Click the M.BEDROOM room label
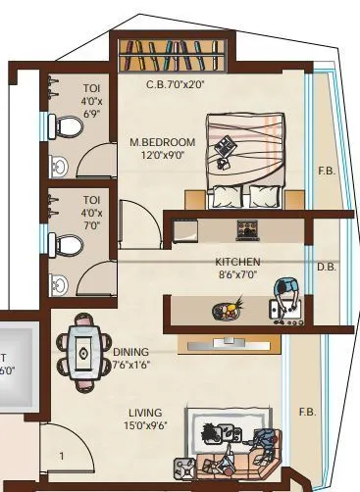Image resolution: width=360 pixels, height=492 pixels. point(163,142)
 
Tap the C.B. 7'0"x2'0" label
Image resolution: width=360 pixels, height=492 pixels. point(176,84)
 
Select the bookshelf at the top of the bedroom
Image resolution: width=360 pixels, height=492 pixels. point(176,53)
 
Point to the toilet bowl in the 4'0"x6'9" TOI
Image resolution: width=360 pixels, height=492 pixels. point(70,126)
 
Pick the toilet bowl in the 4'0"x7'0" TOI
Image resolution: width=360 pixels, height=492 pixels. point(69,244)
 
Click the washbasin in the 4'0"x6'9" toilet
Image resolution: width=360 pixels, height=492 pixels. point(59,166)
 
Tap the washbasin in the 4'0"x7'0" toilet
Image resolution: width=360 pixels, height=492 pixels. point(59,284)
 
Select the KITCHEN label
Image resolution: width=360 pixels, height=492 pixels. point(237,262)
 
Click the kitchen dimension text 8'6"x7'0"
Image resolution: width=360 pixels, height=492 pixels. point(237,276)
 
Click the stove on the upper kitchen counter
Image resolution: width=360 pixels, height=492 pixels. point(244,230)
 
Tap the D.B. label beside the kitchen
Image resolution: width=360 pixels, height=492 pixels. point(327,267)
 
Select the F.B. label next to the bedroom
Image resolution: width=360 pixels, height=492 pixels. point(326,172)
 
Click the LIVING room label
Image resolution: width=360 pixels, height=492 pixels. point(144,413)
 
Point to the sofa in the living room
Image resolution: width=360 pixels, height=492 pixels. point(235,461)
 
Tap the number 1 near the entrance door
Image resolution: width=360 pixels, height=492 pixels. point(60,456)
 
